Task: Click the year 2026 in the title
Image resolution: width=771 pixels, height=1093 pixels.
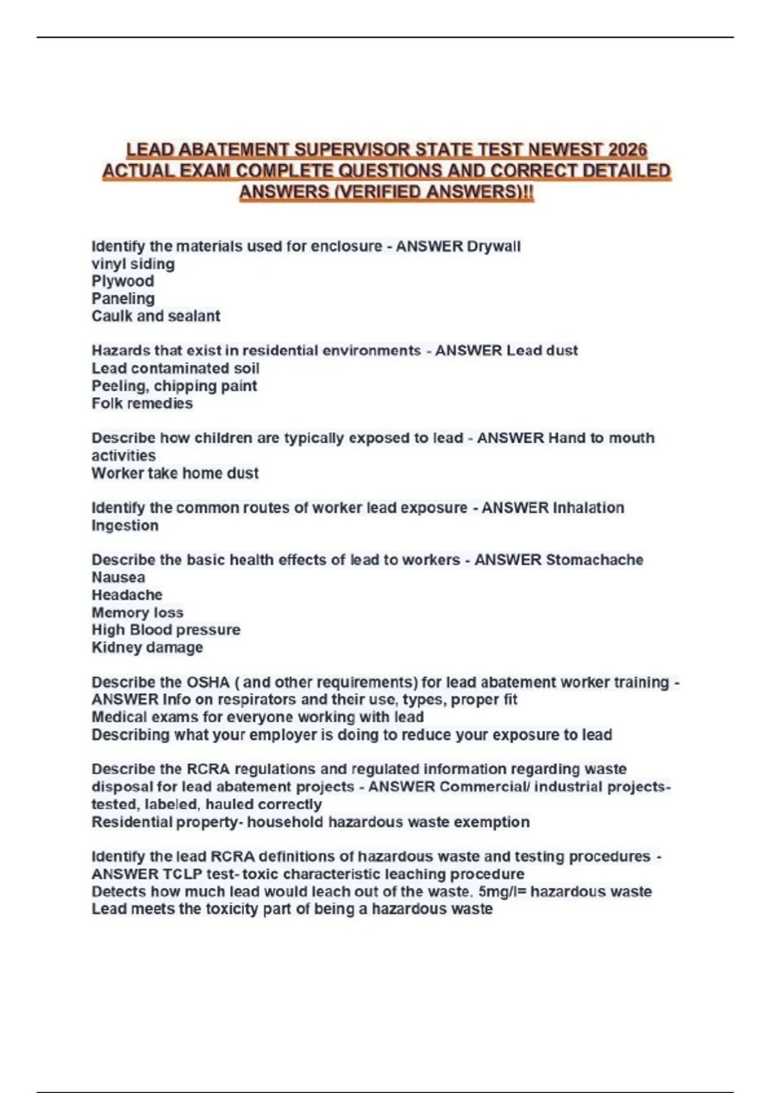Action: [x=627, y=150]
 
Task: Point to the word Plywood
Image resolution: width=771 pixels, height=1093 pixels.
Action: [x=123, y=281]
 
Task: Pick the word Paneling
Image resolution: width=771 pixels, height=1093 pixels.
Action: [x=123, y=298]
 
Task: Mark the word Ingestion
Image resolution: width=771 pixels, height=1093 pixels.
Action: [x=125, y=525]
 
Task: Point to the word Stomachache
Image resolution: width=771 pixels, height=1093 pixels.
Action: [x=594, y=560]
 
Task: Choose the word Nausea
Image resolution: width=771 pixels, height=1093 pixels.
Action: [x=118, y=577]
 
